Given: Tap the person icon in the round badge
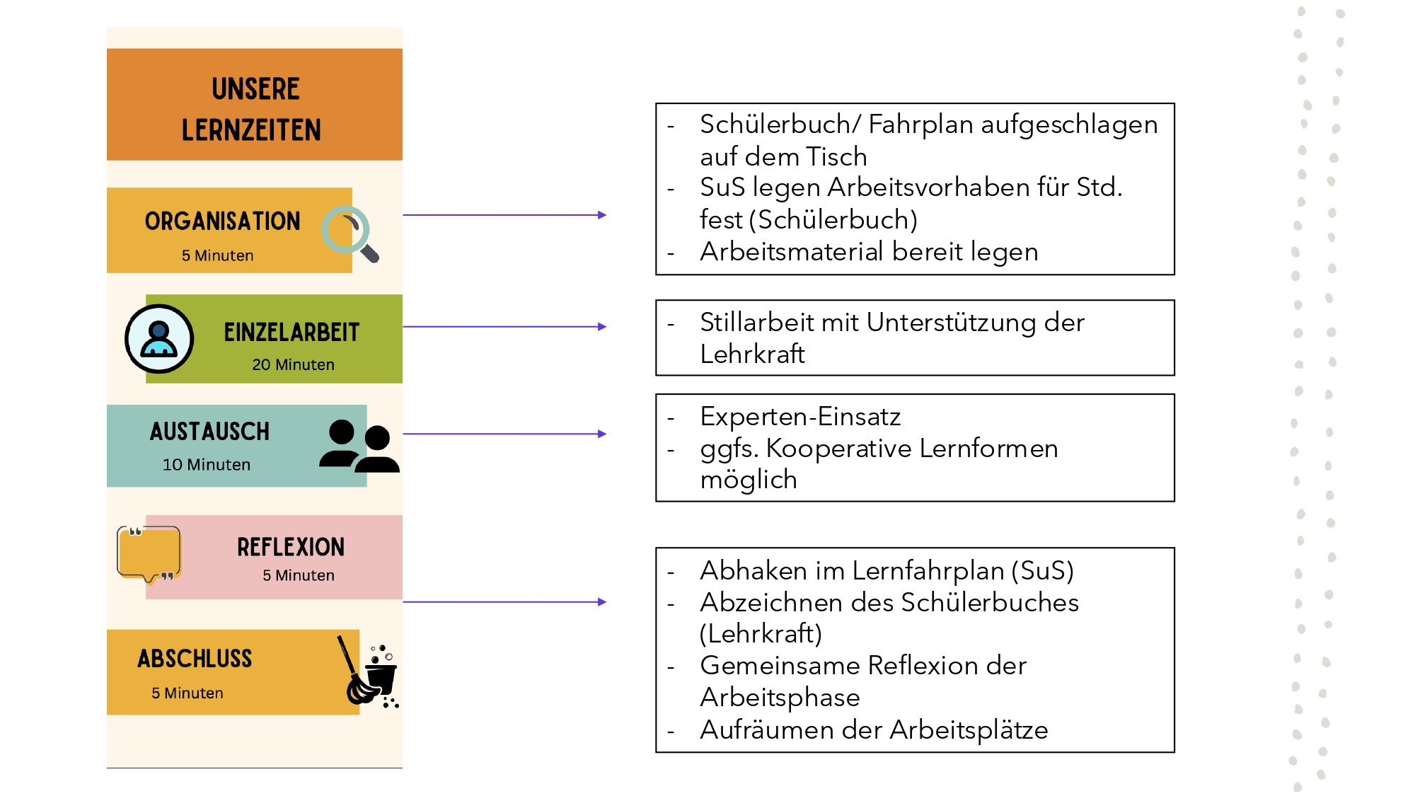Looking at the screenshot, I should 159,339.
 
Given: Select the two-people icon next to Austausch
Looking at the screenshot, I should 359,446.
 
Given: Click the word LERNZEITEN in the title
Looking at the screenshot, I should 251,130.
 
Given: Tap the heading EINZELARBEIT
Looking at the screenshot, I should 291,332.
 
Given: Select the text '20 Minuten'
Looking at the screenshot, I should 293,364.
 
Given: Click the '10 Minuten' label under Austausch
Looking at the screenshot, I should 206,464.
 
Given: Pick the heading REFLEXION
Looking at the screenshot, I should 291,547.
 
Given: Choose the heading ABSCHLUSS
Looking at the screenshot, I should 195,659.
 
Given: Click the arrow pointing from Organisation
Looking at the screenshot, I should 504,215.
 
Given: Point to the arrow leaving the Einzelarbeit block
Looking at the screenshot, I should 504,327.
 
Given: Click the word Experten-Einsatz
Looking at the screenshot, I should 800,417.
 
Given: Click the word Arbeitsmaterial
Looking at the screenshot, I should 791,252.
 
